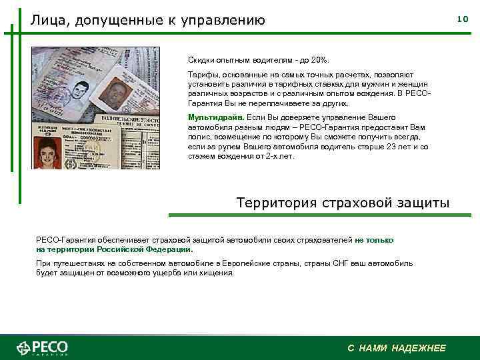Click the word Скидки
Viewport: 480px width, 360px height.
point(201,59)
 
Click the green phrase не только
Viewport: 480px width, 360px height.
point(375,240)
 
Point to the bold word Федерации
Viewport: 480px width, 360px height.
point(167,249)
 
